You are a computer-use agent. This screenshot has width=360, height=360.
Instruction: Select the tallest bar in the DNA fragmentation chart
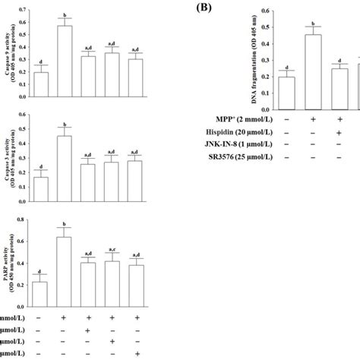click(313, 71)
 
